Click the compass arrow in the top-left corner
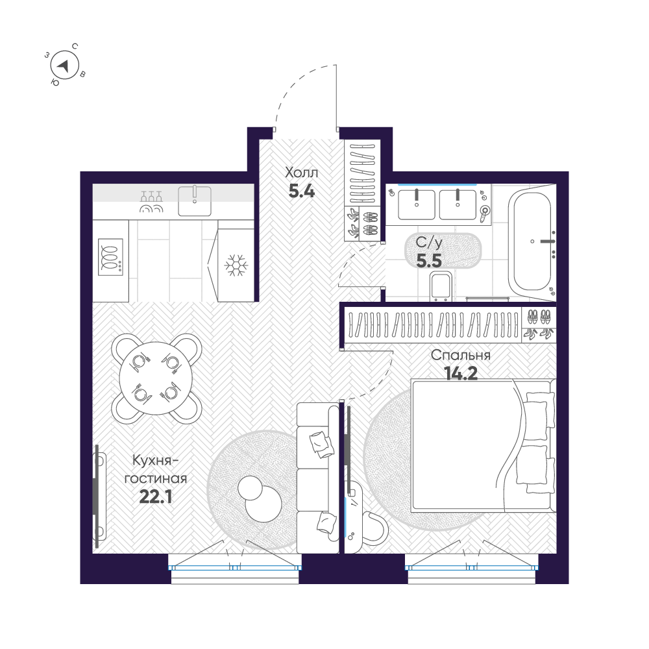pos(64,65)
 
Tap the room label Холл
pos(302,173)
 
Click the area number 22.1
pos(156,497)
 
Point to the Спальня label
pos(461,356)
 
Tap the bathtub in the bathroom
pos(532,243)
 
